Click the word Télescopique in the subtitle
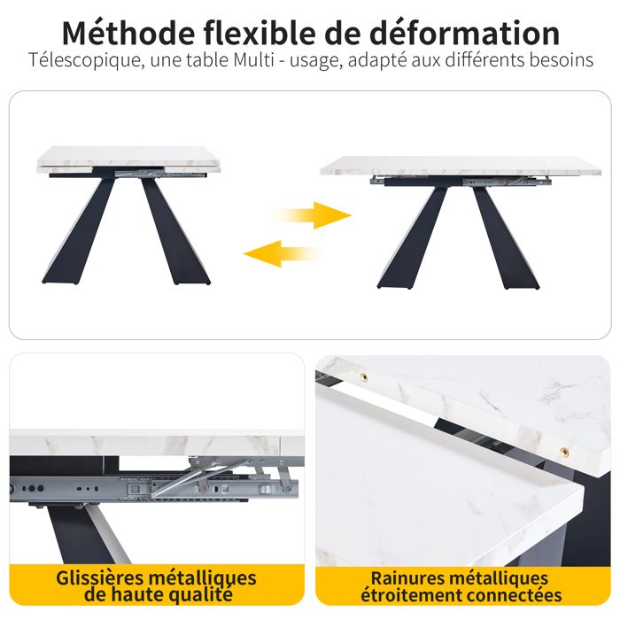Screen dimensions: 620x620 [x=81, y=61]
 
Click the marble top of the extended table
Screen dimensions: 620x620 [x=461, y=166]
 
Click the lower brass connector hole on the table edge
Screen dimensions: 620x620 [x=563, y=452]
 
